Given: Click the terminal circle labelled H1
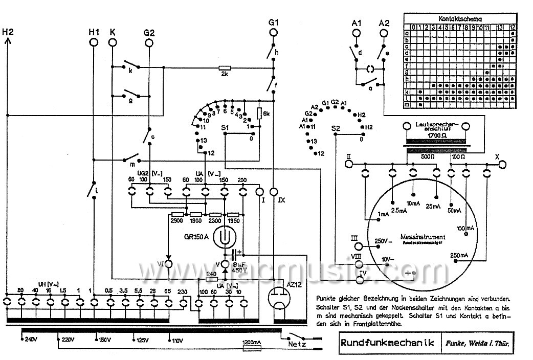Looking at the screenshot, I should click(94, 43).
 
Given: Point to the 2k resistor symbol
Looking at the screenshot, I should click(225, 67).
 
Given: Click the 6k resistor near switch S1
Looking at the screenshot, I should click(259, 113).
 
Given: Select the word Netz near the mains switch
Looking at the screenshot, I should click(296, 344).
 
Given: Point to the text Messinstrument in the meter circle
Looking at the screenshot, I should click(423, 237).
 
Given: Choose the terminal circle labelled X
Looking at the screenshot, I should click(503, 164).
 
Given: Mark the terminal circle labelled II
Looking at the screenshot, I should click(349, 164).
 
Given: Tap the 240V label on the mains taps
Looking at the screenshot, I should click(31, 339).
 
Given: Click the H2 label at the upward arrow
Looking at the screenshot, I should click(8, 32).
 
